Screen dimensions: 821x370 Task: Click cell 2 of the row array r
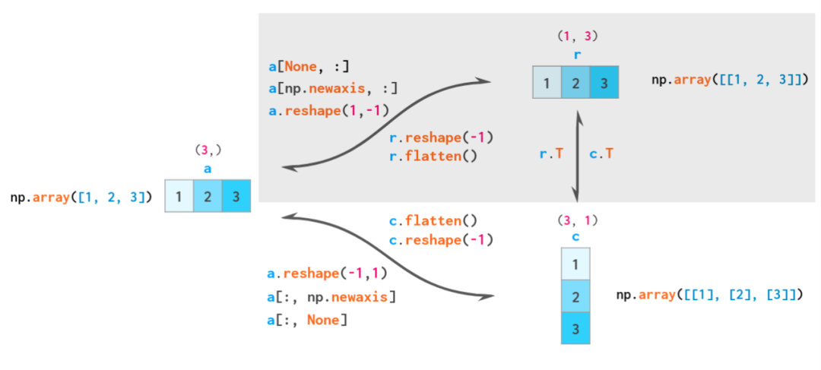tap(575, 82)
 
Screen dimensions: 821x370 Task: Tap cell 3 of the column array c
tap(575, 328)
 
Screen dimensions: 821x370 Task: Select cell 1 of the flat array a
tap(179, 196)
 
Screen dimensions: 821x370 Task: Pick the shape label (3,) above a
tap(208, 150)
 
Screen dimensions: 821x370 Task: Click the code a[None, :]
tap(309, 66)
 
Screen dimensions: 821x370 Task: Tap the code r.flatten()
tap(433, 156)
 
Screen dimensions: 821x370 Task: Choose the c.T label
tap(601, 154)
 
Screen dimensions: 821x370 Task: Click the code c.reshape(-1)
tap(442, 240)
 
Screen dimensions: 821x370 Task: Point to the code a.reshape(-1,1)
tap(327, 274)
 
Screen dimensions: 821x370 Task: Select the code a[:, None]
tap(307, 319)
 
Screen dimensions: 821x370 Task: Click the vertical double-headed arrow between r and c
tap(578, 156)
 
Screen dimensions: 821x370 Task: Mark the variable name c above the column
tap(576, 237)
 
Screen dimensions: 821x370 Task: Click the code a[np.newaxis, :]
tap(333, 89)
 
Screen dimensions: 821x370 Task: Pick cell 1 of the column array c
tap(575, 264)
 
